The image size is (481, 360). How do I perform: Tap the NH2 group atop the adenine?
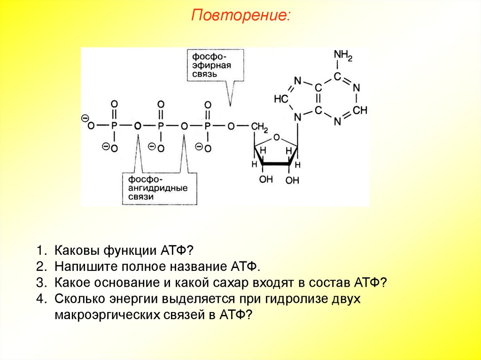[343, 56]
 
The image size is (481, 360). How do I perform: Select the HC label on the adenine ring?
[280, 100]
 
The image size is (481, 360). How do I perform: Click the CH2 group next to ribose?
[259, 127]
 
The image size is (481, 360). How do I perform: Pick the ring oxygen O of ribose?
[276, 138]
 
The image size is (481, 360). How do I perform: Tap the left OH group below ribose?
[265, 179]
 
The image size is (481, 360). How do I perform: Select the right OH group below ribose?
[292, 180]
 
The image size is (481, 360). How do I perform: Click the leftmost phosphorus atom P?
[114, 126]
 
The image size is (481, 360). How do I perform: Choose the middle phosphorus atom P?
[161, 126]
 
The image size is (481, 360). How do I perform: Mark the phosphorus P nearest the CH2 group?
[207, 126]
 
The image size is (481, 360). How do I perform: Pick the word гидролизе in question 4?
[295, 299]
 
